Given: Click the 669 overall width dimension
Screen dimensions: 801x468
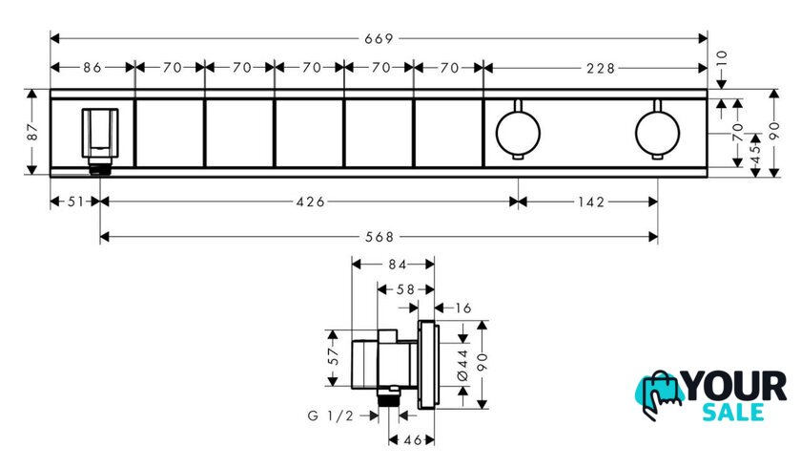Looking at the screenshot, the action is click(379, 39).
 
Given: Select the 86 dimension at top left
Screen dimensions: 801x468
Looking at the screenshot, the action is click(92, 68).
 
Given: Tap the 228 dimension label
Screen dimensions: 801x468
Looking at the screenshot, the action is click(601, 68).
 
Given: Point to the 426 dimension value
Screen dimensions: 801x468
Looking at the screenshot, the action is click(311, 202).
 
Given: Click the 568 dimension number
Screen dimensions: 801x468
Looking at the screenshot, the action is click(380, 237).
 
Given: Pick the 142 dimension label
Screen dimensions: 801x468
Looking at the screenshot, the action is click(591, 202).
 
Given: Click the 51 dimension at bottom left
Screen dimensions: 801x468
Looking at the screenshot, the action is click(75, 202).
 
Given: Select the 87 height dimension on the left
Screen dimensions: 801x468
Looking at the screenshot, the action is click(32, 132).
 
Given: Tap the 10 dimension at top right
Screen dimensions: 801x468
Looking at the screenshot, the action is click(721, 59).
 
